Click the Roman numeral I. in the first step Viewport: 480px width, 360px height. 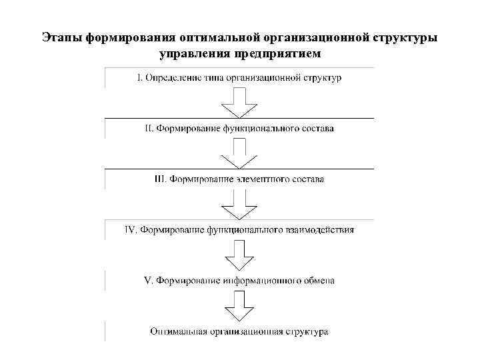(139, 78)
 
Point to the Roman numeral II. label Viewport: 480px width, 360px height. (149, 127)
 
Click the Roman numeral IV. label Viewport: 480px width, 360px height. (131, 230)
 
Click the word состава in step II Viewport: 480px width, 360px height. (317, 127)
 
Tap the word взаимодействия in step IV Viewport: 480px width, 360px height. (321, 230)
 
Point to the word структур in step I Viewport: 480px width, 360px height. (323, 78)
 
